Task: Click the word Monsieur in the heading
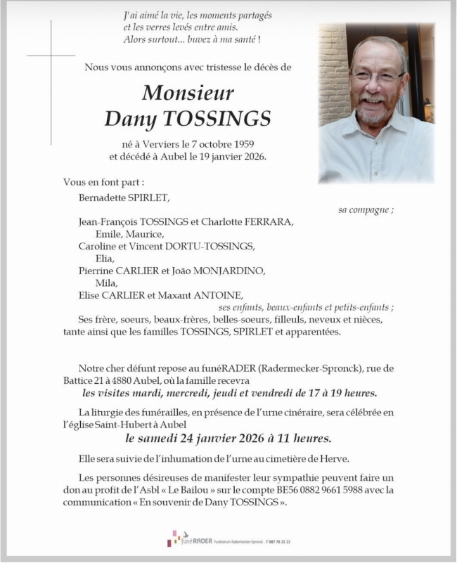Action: tap(188, 93)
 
